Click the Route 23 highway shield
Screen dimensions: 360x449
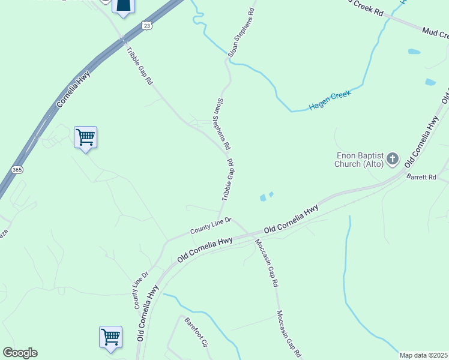tap(147, 25)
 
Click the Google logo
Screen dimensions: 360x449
tap(20, 353)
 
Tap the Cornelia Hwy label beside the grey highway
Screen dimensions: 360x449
tap(73, 91)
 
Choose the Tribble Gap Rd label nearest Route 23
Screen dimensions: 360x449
tap(140, 65)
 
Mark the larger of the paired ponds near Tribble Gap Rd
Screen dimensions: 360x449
tap(262, 197)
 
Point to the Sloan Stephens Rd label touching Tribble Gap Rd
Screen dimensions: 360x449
tap(223, 124)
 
